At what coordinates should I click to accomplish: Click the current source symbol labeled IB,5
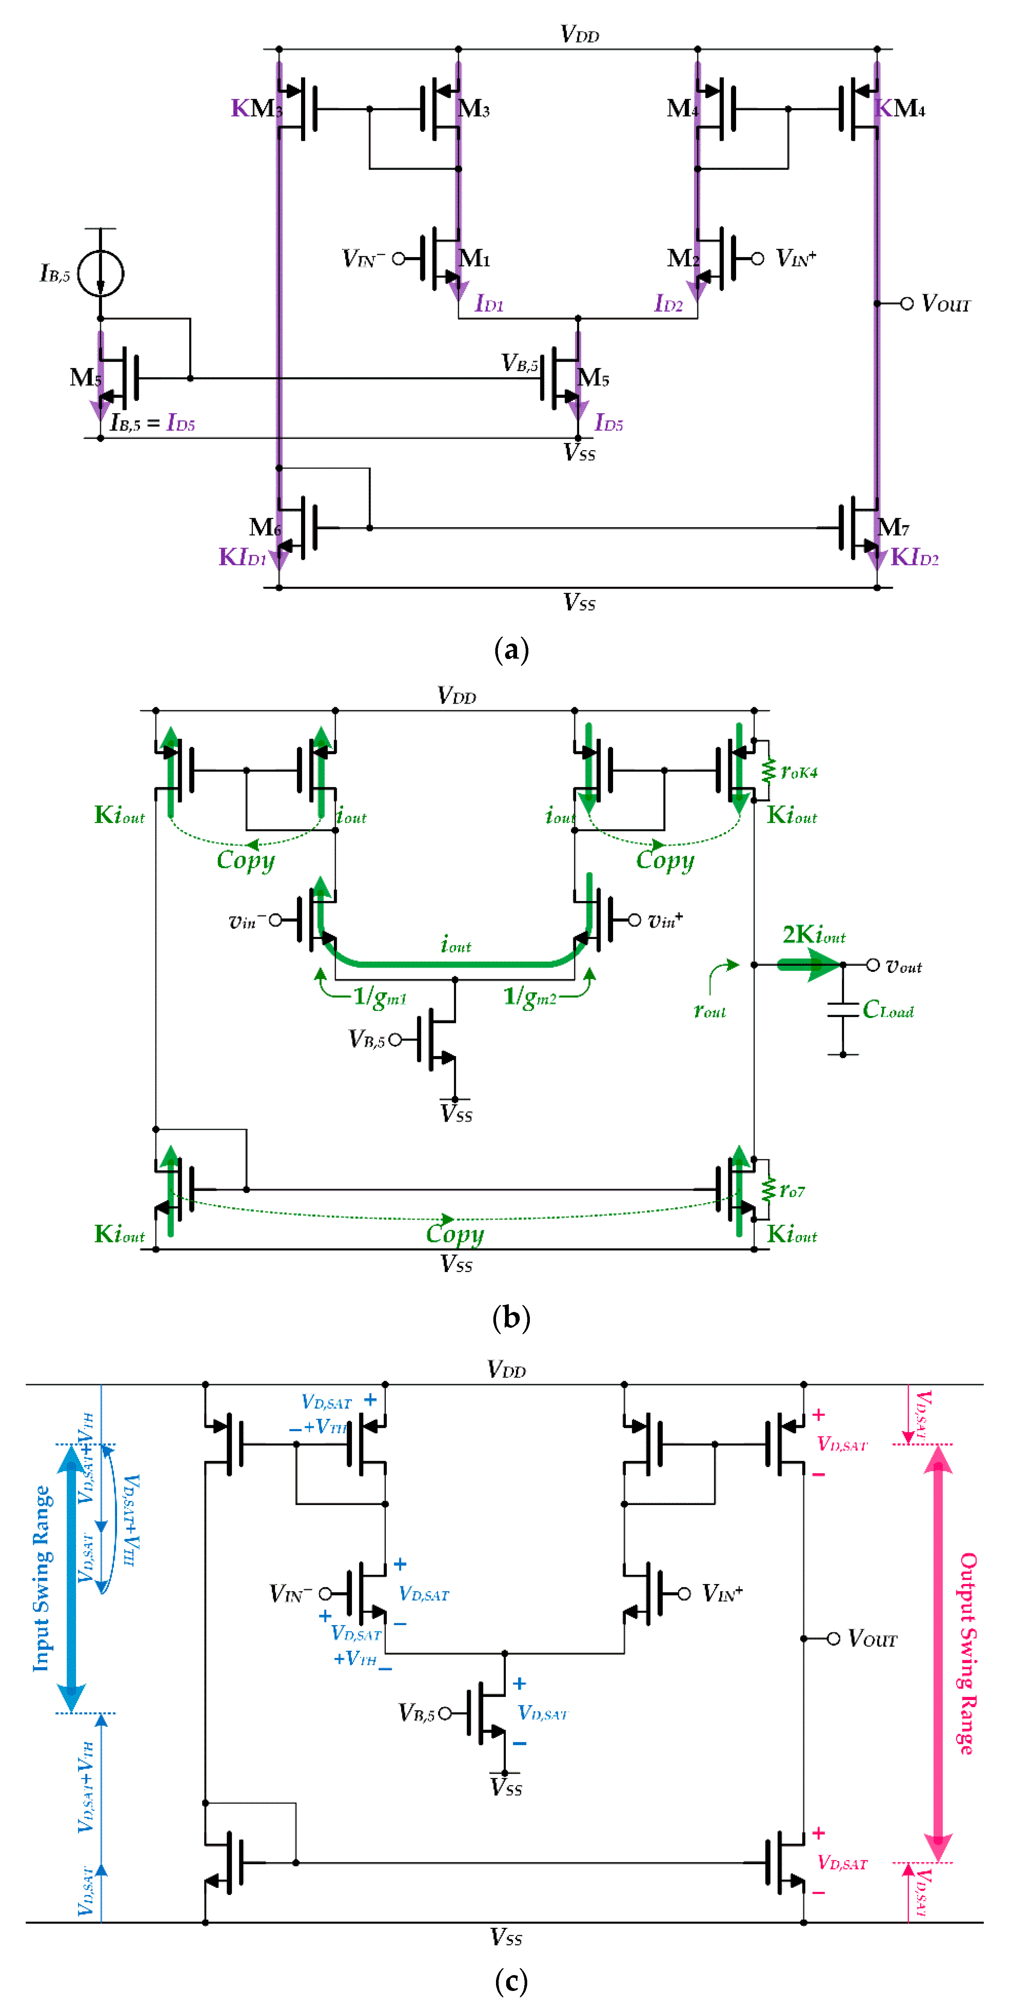[x=101, y=272]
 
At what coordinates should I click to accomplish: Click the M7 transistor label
[x=893, y=527]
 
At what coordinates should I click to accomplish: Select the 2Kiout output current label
[x=814, y=935]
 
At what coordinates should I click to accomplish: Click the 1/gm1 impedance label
[x=380, y=997]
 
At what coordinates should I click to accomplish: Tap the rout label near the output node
[x=709, y=1011]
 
